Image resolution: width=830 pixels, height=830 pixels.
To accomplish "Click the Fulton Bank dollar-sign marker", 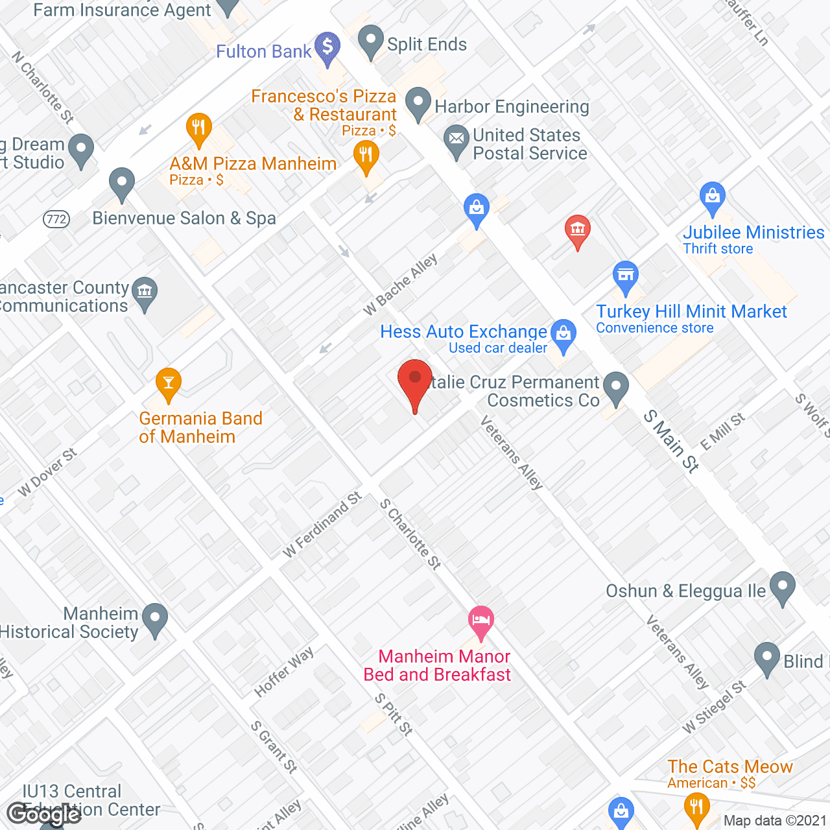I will [x=327, y=47].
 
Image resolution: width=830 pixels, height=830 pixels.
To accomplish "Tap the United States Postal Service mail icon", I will [x=456, y=139].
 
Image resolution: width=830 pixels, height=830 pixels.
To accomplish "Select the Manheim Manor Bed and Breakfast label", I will [x=438, y=665].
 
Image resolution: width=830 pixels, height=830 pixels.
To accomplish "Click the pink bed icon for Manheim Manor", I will [x=480, y=620].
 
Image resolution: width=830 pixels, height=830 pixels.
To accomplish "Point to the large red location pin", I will [x=415, y=383].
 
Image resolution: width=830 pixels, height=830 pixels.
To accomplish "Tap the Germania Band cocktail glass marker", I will [x=169, y=383].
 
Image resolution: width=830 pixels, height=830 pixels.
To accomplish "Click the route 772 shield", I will [x=56, y=219].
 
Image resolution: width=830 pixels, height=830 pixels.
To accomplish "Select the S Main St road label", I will [x=671, y=442].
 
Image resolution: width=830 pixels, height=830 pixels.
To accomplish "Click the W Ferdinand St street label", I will [x=322, y=525].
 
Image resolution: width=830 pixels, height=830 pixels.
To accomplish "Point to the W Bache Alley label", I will [x=400, y=285].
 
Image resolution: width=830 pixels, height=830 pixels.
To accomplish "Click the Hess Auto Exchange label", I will [x=464, y=332].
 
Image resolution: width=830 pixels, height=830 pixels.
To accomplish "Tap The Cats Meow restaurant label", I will [x=730, y=766].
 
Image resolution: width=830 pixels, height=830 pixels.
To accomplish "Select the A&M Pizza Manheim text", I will [x=253, y=163].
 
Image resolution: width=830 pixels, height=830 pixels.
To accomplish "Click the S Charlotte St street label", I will [x=410, y=534].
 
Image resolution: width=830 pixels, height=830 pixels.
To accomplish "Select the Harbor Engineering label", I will [x=512, y=106].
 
